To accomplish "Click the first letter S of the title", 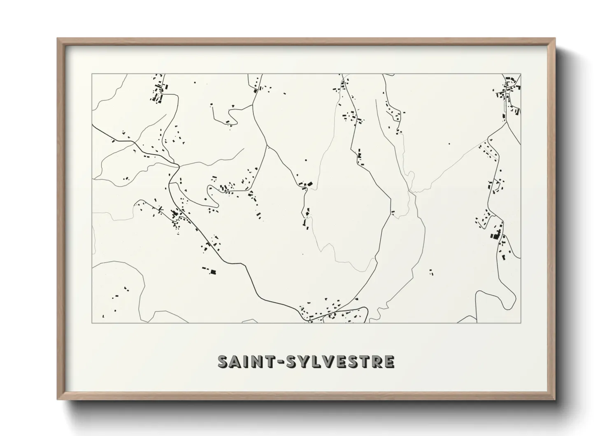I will coord(224,361).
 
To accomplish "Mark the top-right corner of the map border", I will coord(521,74).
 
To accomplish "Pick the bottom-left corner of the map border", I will coord(92,322).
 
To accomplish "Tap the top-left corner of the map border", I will coord(92,74).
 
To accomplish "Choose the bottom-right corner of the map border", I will coord(521,322).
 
